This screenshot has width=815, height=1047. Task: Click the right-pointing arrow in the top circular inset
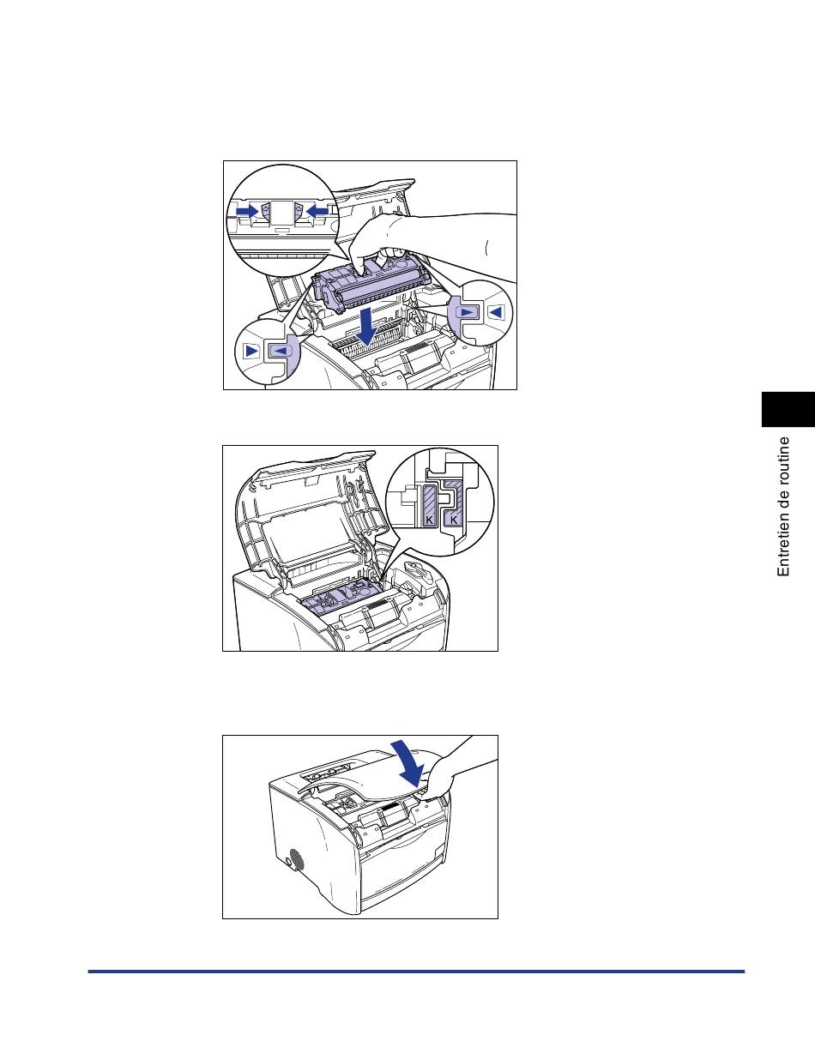(247, 211)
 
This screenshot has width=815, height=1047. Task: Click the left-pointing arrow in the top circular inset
(317, 211)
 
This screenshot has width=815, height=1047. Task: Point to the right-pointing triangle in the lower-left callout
(251, 350)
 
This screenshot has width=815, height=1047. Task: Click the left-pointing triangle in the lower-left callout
(280, 350)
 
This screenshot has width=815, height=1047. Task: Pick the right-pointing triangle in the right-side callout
(466, 312)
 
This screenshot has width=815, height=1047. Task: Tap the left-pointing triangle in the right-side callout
(496, 312)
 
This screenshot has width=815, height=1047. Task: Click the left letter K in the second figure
(429, 520)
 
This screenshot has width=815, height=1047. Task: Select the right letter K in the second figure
(454, 520)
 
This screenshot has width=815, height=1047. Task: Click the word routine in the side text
(783, 459)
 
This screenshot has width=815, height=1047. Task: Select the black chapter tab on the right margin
(788, 410)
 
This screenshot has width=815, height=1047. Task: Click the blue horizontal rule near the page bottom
(416, 972)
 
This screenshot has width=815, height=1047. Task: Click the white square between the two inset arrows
(282, 213)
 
